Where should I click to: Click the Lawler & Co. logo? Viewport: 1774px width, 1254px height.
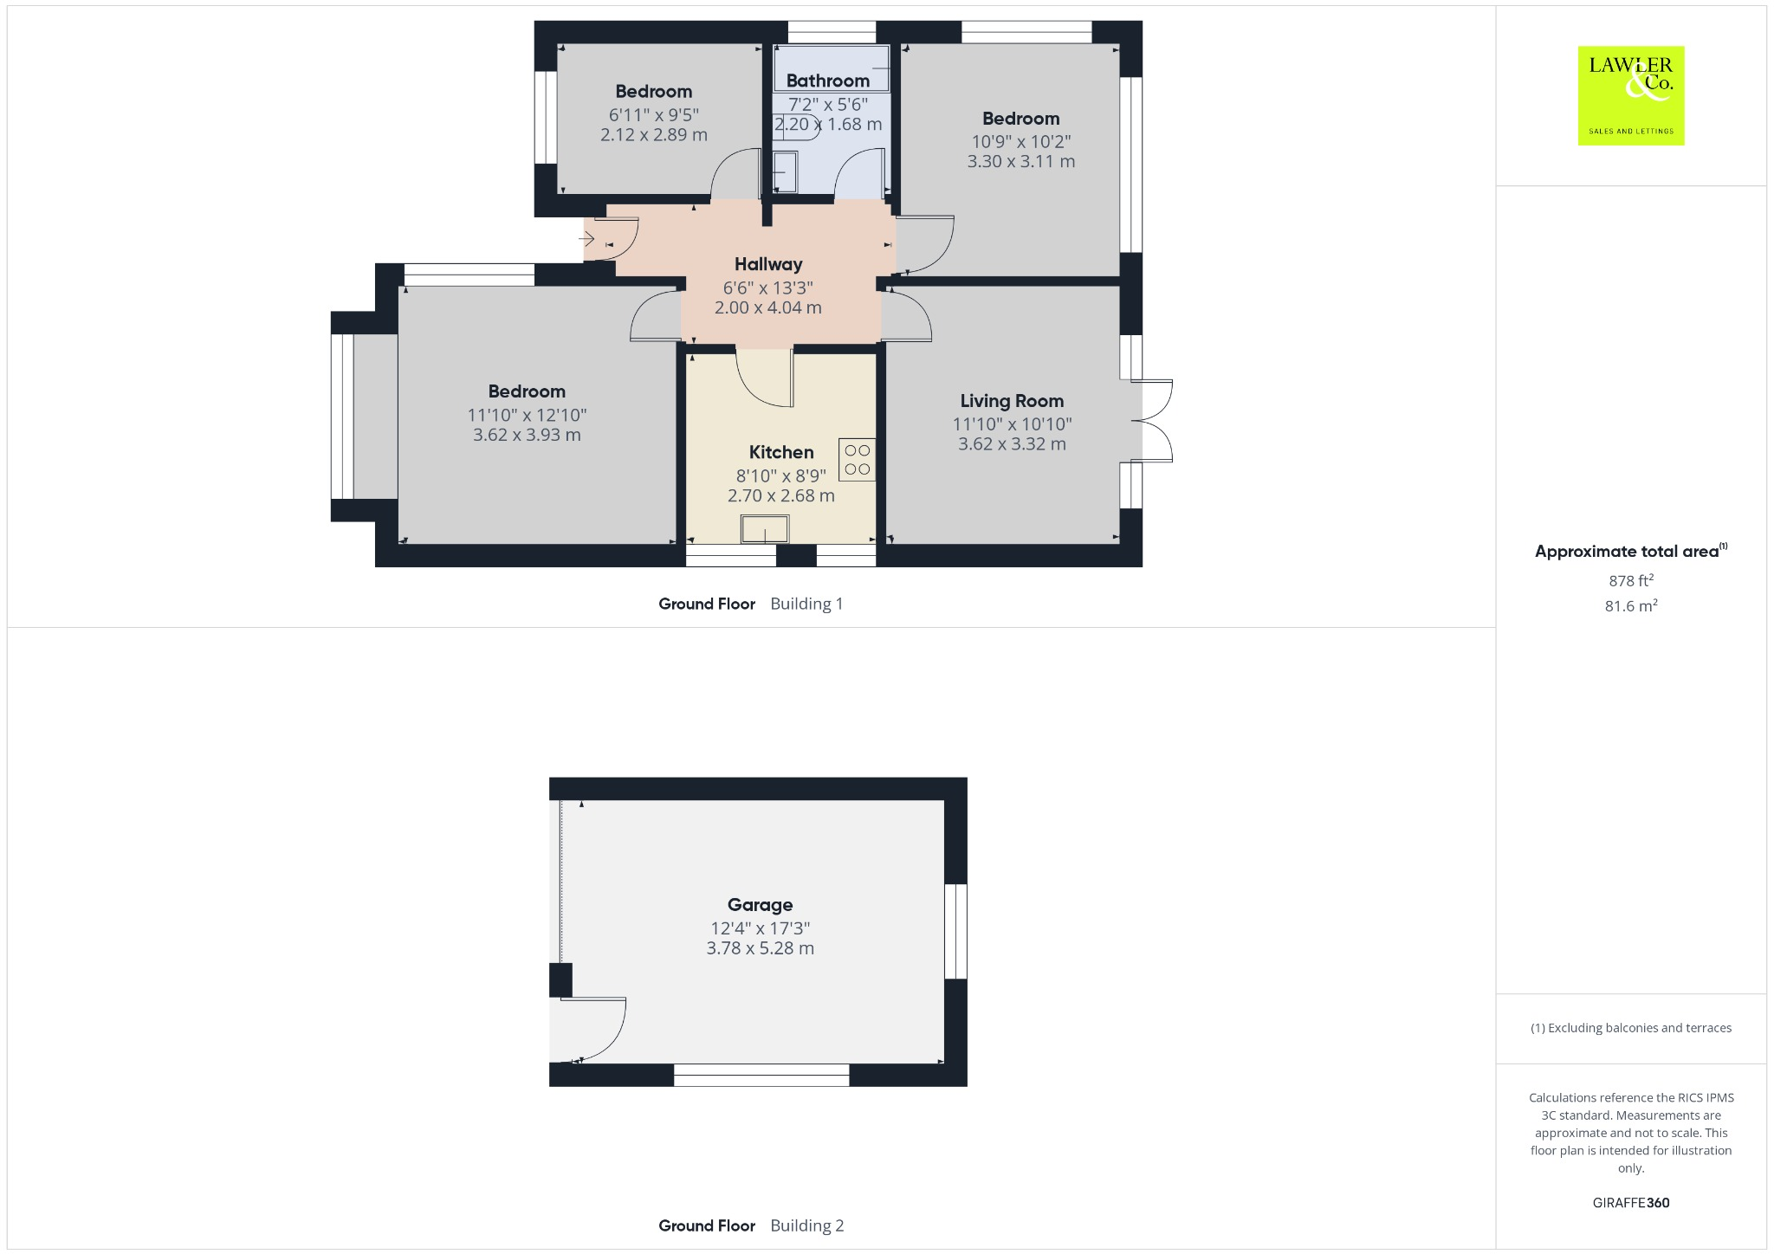pos(1630,95)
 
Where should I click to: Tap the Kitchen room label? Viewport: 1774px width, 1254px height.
pos(780,452)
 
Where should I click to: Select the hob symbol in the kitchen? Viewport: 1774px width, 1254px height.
pos(857,459)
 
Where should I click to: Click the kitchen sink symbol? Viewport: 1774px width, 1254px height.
pos(765,529)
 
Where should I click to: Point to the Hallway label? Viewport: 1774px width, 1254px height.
pos(767,264)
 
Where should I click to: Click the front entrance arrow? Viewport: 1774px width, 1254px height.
pos(587,238)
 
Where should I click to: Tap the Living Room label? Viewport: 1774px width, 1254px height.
pos(1011,401)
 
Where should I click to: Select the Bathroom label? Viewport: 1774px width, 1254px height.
pos(827,81)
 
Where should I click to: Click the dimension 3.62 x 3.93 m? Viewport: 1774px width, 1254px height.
pos(526,435)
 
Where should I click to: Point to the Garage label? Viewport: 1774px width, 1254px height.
pos(760,905)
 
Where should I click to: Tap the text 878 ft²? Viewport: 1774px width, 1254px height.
pos(1630,580)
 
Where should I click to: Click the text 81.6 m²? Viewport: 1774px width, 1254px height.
pos(1630,605)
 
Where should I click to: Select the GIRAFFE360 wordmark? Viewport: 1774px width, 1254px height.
pos(1630,1202)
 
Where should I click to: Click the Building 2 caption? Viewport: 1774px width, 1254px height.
pos(806,1225)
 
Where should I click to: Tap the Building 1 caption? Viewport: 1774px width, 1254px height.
pos(806,604)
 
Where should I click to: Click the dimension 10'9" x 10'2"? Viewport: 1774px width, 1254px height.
pos(1020,141)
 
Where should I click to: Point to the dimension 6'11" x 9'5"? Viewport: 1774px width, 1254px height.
pos(653,114)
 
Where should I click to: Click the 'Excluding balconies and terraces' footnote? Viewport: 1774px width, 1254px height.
pos(1630,1028)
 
